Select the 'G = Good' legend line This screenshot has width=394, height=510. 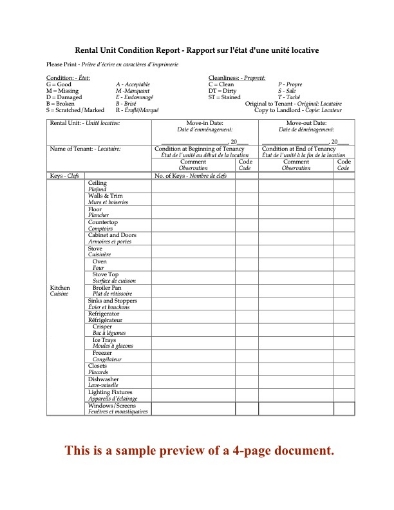pos(64,83)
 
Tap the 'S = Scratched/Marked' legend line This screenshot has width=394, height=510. pos(77,107)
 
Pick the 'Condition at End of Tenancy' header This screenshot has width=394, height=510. pos(300,149)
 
